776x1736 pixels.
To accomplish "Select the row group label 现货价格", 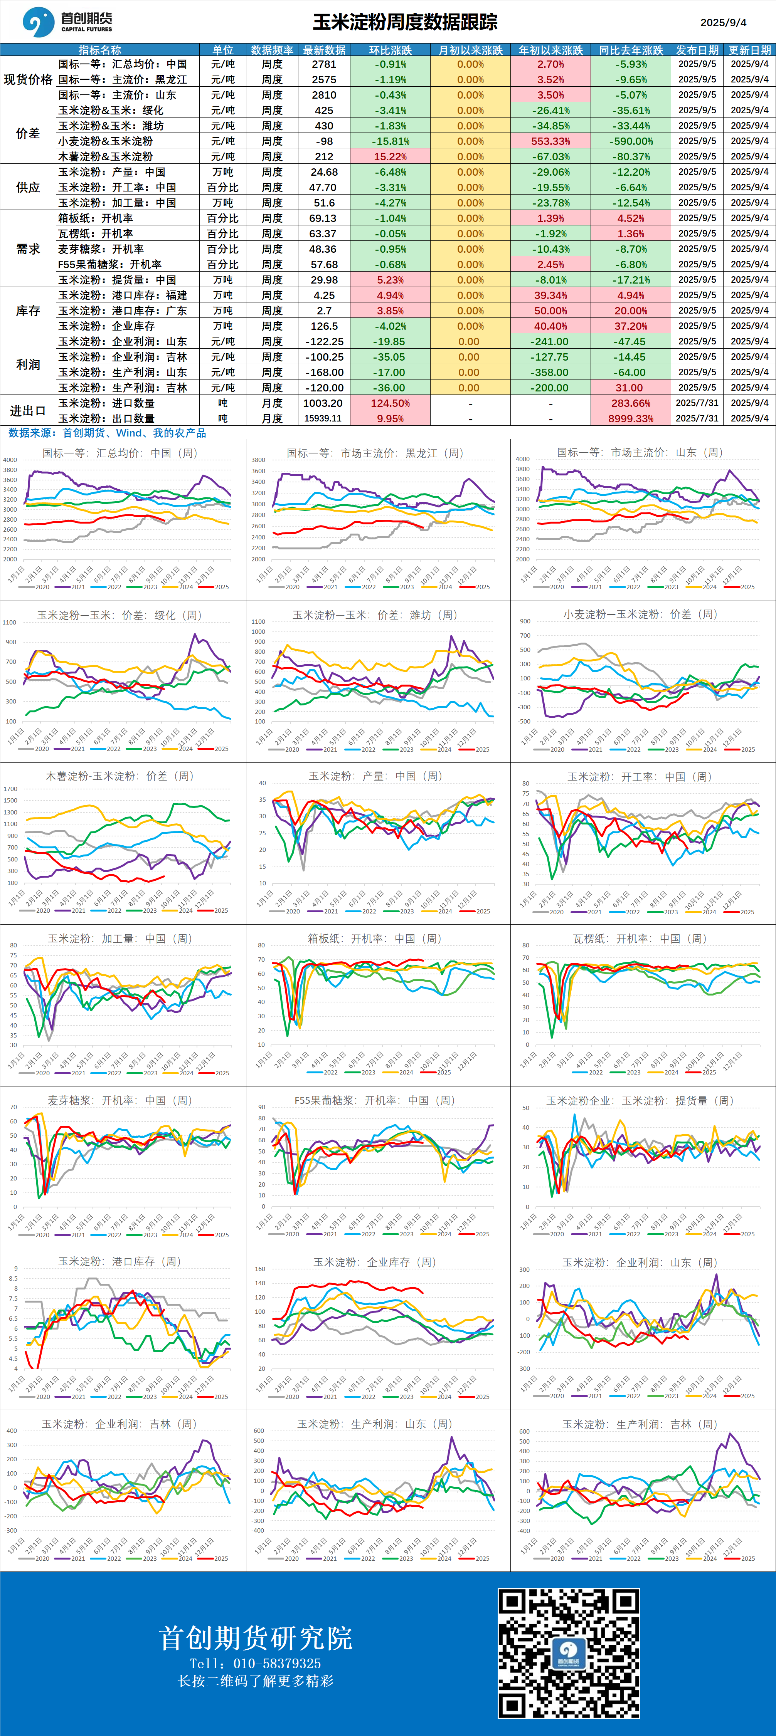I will [x=28, y=79].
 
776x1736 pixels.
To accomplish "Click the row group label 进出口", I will [x=28, y=410].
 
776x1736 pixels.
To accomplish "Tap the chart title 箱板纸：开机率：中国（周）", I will [x=374, y=938].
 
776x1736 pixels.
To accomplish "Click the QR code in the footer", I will [x=568, y=1653].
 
